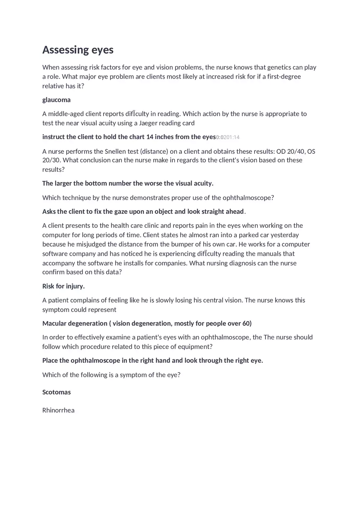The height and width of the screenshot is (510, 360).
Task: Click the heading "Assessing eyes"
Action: tap(78, 50)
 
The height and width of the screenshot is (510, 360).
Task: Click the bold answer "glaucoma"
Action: tap(56, 100)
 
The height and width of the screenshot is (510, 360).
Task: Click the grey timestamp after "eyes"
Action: tap(228, 137)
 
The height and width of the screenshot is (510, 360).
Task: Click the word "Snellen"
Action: tap(126, 151)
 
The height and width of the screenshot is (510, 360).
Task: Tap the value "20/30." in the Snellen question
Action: tap(52, 160)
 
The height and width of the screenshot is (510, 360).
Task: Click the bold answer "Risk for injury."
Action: tap(63, 286)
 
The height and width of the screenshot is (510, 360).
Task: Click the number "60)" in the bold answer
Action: tap(247, 324)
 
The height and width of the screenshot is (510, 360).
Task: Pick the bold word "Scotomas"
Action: tap(56, 392)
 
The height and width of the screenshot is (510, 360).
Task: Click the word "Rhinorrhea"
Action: tap(59, 410)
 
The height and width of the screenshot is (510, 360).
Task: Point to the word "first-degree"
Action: tap(284, 76)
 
